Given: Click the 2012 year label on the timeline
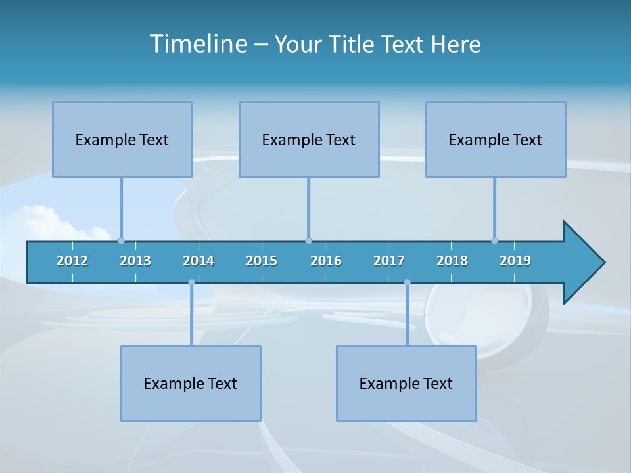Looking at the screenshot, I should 72,261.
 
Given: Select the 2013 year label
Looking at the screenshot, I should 135,261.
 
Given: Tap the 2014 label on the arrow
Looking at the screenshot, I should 199,261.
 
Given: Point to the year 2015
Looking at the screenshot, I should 262,261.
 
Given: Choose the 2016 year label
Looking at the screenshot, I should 326,261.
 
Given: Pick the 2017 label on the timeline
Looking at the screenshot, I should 389,261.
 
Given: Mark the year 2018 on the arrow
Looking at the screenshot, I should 452,261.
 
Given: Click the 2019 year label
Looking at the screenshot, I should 515,261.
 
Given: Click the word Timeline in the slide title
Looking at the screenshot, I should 198,43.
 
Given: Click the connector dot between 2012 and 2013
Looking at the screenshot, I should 121,240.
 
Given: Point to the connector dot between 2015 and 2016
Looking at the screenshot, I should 308,240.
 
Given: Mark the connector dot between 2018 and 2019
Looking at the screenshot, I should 494,240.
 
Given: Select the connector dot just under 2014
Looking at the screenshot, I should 191,282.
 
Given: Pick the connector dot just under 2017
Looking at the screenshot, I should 407,282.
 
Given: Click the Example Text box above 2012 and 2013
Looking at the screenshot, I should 122,139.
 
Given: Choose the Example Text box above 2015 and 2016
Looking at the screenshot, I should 309,139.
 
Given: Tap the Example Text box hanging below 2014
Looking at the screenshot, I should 191,383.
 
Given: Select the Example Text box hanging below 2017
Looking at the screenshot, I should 406,383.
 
